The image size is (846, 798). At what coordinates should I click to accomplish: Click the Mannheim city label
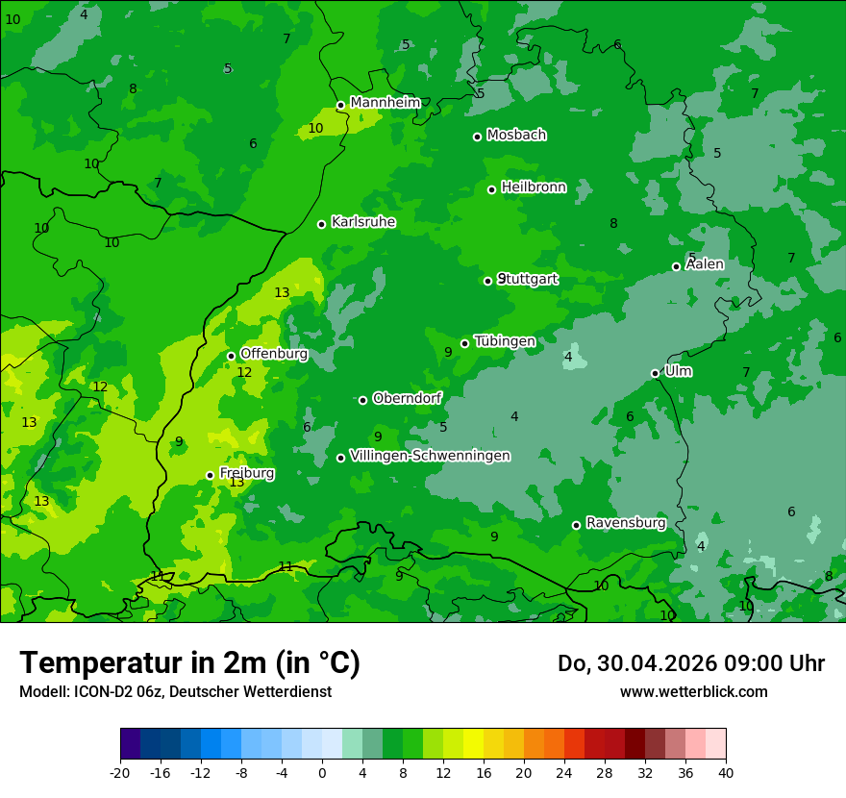click(385, 103)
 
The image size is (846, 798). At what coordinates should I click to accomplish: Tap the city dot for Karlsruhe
click(322, 224)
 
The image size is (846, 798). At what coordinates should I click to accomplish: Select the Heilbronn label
click(534, 187)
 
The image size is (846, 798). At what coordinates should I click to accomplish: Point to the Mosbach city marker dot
click(477, 137)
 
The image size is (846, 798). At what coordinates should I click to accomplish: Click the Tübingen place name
click(505, 341)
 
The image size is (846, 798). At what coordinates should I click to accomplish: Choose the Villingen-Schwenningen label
click(430, 456)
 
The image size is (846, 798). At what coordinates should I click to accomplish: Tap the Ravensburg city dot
click(577, 525)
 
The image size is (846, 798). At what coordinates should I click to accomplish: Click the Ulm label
click(678, 371)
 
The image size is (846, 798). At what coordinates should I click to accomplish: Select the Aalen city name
click(705, 264)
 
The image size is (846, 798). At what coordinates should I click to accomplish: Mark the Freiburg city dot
click(210, 475)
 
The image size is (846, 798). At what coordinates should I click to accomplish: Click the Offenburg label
click(274, 354)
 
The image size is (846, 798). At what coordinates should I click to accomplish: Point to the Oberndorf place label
click(408, 398)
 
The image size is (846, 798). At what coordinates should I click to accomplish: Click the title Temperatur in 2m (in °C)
click(189, 663)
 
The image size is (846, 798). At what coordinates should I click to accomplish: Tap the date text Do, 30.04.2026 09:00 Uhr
click(690, 663)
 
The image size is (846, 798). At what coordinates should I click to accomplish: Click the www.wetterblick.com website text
click(693, 692)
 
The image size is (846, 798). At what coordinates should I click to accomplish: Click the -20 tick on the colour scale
click(120, 772)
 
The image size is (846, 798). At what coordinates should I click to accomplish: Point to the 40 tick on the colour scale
click(726, 772)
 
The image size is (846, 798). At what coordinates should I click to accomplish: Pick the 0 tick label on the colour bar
click(322, 772)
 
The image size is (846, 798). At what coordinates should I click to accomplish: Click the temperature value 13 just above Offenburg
click(282, 293)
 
